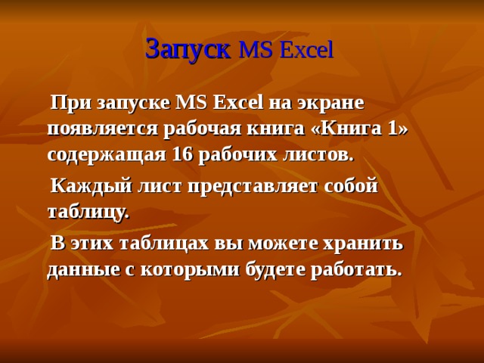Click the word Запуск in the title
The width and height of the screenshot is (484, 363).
tap(188, 50)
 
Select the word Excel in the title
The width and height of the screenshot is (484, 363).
tap(306, 51)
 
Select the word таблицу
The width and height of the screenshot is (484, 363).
tap(88, 213)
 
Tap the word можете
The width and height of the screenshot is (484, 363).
tap(292, 244)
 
